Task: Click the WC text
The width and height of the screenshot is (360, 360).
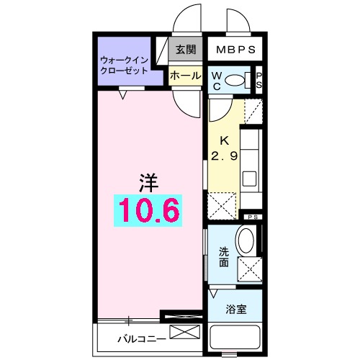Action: (216, 81)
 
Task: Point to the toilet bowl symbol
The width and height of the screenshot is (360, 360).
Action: (235, 81)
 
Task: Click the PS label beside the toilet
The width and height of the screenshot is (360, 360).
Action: (258, 81)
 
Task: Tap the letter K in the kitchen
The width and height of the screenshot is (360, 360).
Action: (223, 141)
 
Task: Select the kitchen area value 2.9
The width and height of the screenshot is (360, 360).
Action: (223, 156)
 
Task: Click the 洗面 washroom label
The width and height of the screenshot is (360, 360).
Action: (224, 257)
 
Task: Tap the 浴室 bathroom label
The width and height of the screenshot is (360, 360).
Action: (235, 310)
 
